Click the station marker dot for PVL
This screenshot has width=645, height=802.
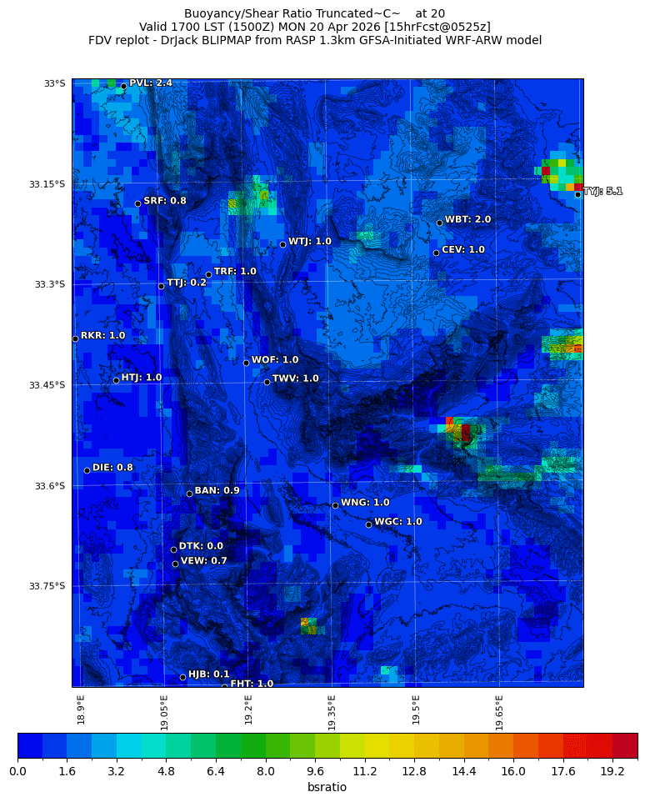(x=123, y=86)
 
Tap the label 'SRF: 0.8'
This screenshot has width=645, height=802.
(x=165, y=201)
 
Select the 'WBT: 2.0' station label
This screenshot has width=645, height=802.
(x=467, y=219)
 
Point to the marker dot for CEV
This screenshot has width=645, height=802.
(x=436, y=253)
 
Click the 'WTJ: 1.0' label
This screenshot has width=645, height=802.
(x=310, y=241)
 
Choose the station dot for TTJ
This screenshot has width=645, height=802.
(x=161, y=286)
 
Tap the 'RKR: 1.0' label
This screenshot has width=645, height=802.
(x=102, y=335)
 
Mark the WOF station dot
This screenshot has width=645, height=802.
(x=246, y=363)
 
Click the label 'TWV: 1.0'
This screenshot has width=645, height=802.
(x=296, y=378)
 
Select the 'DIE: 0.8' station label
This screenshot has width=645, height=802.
(x=112, y=467)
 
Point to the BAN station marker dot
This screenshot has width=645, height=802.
(x=189, y=494)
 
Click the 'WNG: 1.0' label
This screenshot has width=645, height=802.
(x=365, y=503)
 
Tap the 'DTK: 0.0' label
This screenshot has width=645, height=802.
(x=201, y=546)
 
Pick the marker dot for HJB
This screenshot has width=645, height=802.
(x=182, y=677)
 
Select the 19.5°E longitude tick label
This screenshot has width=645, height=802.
(x=416, y=709)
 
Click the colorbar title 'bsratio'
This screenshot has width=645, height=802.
(x=327, y=788)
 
